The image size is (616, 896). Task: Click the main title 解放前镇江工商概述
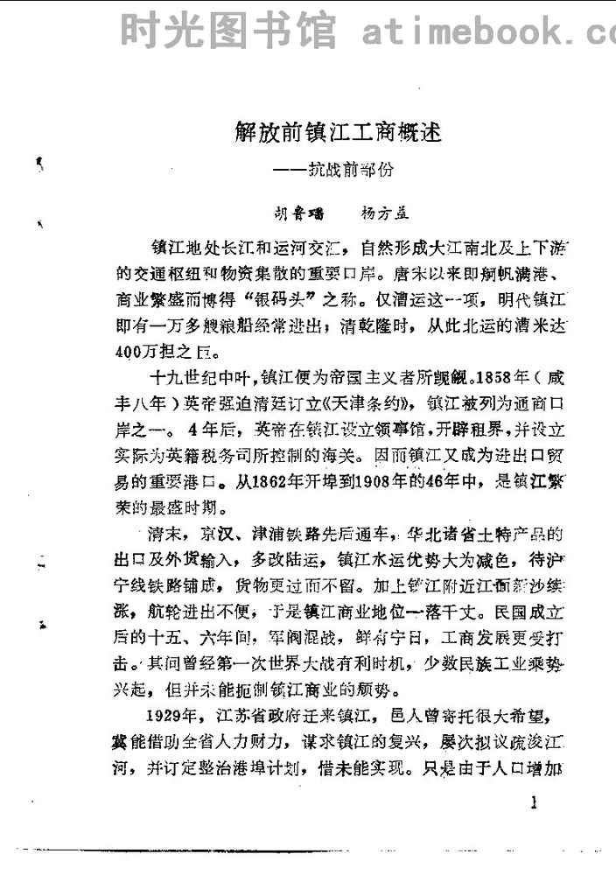[x=338, y=135]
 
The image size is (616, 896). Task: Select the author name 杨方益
[x=385, y=212]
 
